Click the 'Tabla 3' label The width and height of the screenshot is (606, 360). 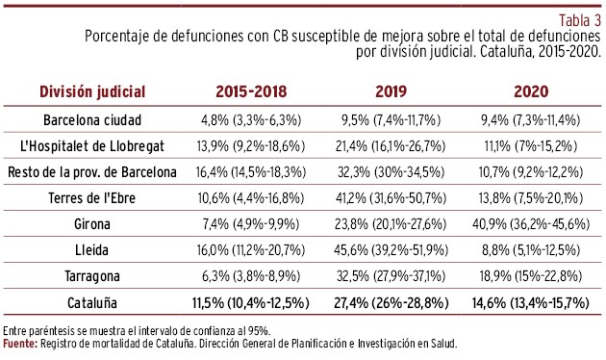[580, 20]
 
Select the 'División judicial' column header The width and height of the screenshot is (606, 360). [92, 91]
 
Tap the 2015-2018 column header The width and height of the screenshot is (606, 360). [251, 91]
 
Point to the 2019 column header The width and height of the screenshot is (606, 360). [391, 91]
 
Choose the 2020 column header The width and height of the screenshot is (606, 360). [531, 91]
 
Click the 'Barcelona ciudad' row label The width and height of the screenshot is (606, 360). [92, 120]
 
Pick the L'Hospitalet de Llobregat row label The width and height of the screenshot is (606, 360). [92, 146]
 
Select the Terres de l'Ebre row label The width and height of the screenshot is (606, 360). [92, 198]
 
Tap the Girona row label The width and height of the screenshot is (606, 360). [92, 224]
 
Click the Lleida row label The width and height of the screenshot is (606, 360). [91, 250]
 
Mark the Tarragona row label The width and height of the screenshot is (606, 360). [92, 276]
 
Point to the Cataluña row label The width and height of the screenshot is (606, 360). [92, 302]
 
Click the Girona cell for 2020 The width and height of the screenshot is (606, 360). [531, 224]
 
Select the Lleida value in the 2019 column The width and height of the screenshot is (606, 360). [391, 250]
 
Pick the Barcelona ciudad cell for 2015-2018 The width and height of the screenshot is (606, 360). [251, 120]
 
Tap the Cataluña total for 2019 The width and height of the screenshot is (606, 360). [391, 302]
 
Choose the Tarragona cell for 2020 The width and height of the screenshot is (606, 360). [531, 276]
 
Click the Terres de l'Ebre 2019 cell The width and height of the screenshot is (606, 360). [391, 198]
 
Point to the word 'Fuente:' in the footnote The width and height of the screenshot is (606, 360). [20, 344]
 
